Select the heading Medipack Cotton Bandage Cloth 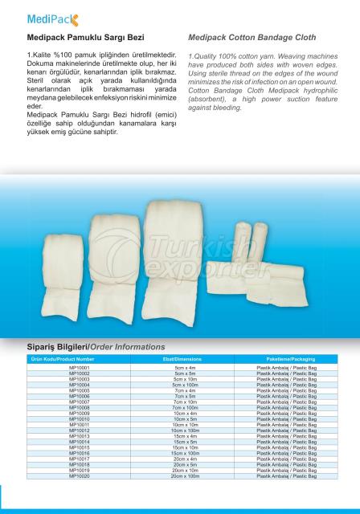click(252, 38)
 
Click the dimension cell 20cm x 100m click(185, 476)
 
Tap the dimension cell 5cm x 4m click(185, 366)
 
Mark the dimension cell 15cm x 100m click(185, 453)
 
